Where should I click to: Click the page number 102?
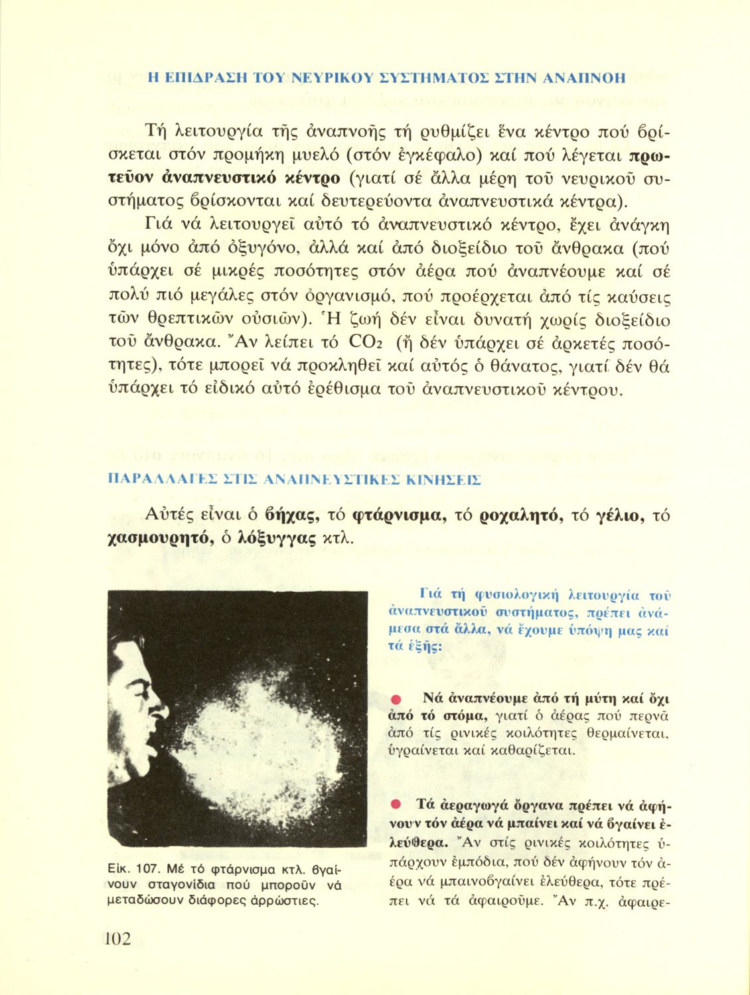tap(117, 939)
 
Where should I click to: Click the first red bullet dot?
tap(394, 698)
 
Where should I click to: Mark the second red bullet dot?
tap(394, 805)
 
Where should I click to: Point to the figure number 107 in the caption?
tap(145, 869)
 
